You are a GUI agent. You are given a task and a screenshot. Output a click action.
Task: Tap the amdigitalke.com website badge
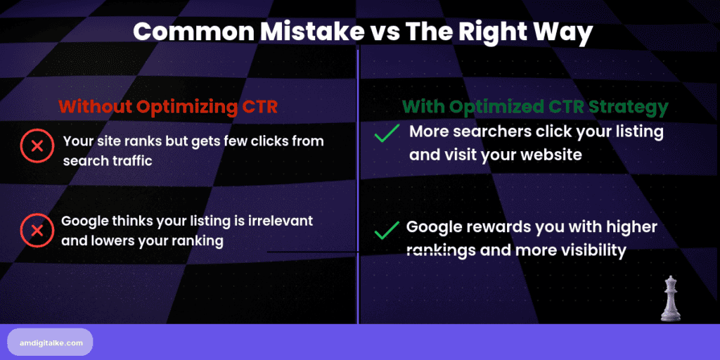coord(50,342)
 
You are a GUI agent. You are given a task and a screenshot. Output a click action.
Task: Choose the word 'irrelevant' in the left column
coord(278,221)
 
